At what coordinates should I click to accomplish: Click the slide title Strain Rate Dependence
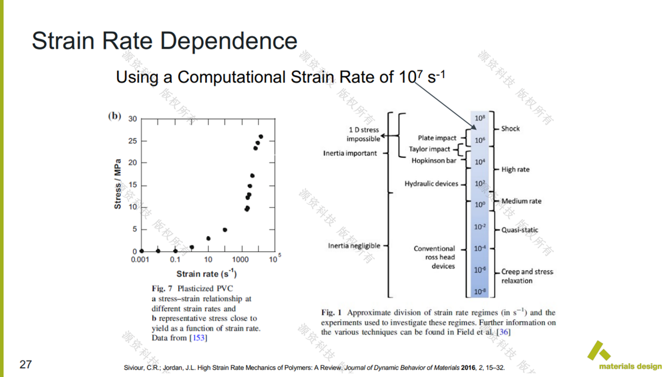click(164, 40)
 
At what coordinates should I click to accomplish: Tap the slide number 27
click(26, 364)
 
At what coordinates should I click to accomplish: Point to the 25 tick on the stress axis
click(132, 141)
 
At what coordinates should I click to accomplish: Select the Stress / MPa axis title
click(118, 184)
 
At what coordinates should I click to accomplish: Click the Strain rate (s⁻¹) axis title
click(206, 273)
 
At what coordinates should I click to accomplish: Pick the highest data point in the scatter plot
click(260, 137)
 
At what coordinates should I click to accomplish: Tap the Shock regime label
click(510, 128)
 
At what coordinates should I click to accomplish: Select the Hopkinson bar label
click(434, 160)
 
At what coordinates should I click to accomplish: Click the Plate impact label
click(437, 138)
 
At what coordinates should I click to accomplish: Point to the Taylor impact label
click(430, 149)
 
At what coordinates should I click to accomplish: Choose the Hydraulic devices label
click(432, 184)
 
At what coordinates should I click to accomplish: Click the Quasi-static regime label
click(519, 230)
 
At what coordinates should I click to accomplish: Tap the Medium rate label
click(521, 201)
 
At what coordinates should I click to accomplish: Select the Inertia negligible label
click(354, 246)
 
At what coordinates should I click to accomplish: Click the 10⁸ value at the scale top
click(480, 118)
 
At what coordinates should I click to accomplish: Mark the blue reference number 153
click(198, 338)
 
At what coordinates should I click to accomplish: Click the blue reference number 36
click(504, 332)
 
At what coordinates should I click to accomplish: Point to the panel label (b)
click(115, 116)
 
